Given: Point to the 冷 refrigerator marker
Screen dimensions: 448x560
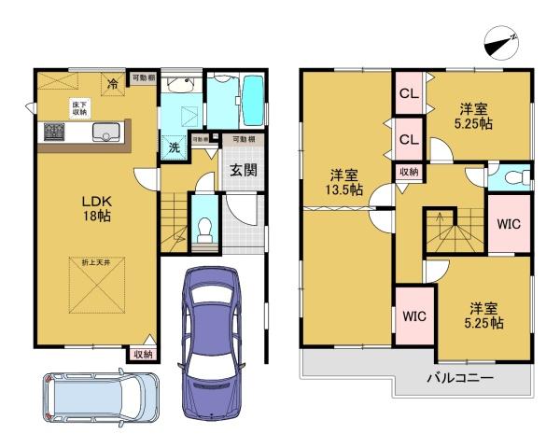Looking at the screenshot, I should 113,82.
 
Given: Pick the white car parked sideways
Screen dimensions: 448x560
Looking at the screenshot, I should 100,398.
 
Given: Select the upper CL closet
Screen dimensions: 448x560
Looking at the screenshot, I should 408,94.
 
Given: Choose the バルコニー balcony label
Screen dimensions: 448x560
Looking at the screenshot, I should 460,378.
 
